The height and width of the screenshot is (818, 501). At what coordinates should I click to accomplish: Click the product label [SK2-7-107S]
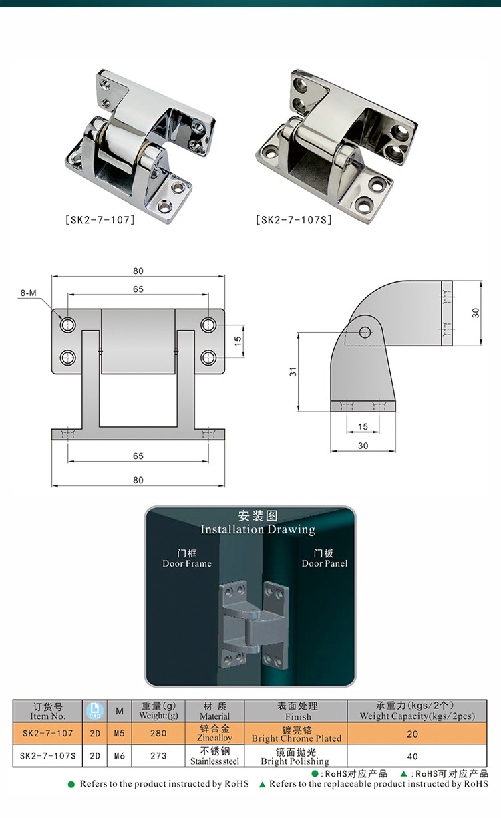[293, 219]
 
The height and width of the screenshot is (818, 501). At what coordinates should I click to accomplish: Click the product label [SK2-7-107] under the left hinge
[101, 219]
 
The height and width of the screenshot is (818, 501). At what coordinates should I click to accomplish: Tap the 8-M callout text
[29, 293]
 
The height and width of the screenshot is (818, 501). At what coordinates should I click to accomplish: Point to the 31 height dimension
[293, 372]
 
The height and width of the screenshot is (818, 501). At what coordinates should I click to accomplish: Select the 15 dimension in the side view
[363, 426]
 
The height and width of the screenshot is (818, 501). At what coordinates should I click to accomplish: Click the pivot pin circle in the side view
[364, 331]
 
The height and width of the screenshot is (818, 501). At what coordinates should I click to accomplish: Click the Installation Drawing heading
[258, 529]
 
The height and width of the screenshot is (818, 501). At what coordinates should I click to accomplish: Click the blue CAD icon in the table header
[95, 710]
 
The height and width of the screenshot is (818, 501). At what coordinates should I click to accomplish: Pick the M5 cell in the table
[120, 733]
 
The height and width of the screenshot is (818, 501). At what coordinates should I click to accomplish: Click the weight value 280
[159, 733]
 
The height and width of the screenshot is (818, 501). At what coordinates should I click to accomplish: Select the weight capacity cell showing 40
[411, 756]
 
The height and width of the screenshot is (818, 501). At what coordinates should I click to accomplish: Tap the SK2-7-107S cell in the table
[48, 756]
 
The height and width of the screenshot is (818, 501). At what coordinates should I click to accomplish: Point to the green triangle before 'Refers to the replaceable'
[263, 784]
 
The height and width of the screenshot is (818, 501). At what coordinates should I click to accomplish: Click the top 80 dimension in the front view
[138, 271]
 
